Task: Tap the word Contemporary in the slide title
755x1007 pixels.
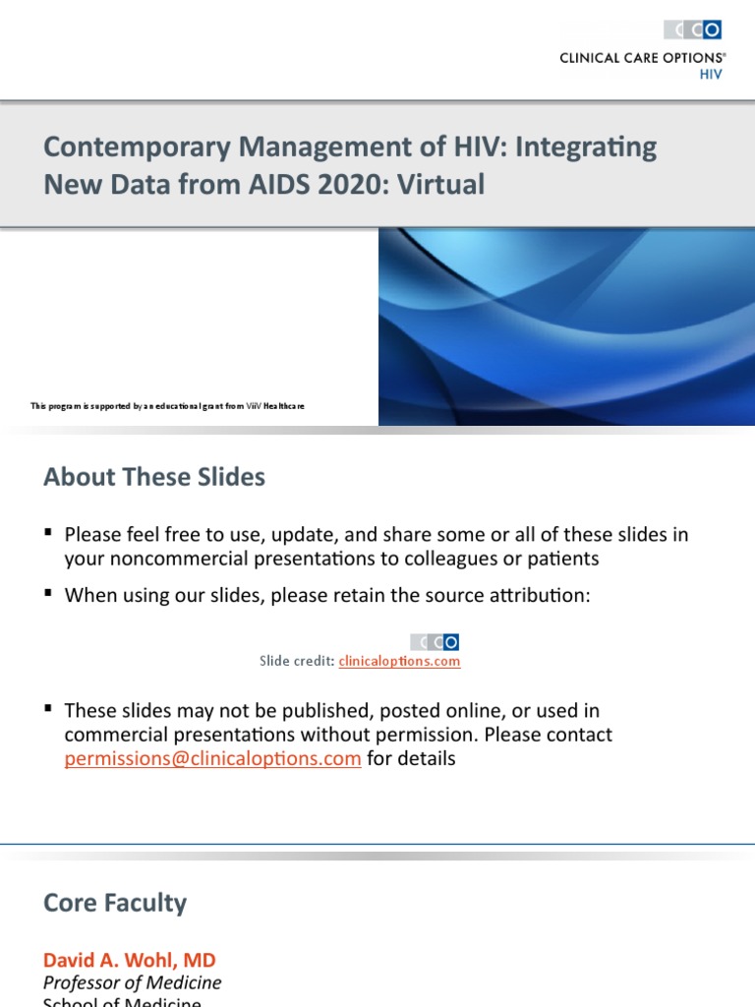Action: [118, 148]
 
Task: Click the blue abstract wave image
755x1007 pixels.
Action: [566, 326]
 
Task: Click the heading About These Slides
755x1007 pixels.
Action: [154, 478]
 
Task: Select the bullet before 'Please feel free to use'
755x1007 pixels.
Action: [48, 533]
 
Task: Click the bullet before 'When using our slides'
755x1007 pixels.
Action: [48, 594]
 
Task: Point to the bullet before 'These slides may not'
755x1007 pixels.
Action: [48, 708]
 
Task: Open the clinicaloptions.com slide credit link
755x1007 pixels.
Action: [399, 662]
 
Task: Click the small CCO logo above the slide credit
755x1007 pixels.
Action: [435, 642]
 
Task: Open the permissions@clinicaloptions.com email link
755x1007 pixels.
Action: [212, 759]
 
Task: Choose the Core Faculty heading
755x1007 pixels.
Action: [115, 903]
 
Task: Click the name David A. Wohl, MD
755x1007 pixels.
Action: [129, 959]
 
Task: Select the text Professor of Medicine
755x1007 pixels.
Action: [133, 982]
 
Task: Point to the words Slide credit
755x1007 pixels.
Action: [296, 662]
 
